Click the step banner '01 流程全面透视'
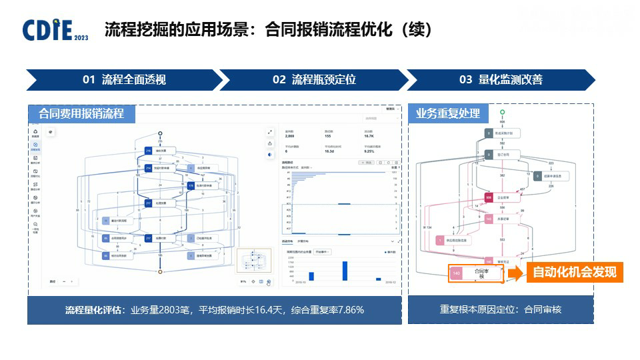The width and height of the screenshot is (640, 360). tap(124, 80)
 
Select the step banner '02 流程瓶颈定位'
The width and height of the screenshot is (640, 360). tap(314, 80)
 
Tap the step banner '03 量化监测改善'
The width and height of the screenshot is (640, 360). tap(501, 80)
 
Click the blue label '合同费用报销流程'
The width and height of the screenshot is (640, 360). tap(81, 113)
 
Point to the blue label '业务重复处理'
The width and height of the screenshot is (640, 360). tap(447, 113)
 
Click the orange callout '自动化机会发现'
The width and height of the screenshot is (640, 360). tap(574, 272)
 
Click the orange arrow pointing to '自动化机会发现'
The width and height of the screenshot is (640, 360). tap(517, 273)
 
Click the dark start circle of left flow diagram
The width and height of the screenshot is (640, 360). tap(160, 133)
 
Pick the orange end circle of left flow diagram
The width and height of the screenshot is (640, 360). tap(160, 272)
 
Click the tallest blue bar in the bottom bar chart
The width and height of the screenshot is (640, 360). tap(345, 271)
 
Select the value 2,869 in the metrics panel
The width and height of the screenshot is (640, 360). tap(291, 135)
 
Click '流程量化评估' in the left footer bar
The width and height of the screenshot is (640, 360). tap(93, 310)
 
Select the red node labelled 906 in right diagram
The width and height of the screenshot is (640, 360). tap(489, 197)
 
